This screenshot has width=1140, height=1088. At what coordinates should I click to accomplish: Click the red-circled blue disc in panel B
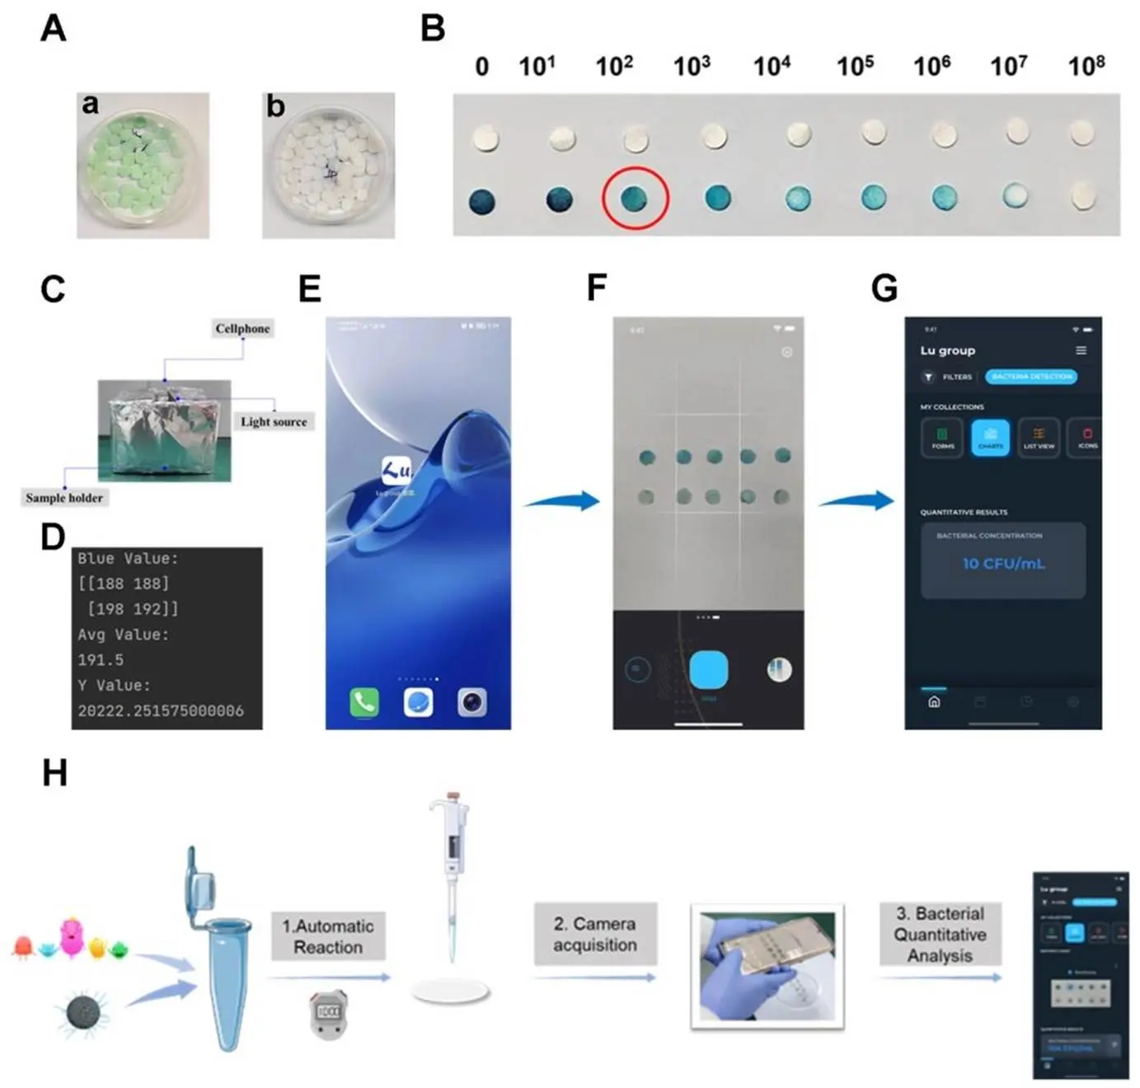(635, 199)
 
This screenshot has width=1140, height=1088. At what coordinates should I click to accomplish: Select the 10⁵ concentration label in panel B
(855, 65)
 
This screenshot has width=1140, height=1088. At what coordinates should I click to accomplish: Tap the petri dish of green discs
(143, 165)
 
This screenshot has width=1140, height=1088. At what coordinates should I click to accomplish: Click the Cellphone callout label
(242, 328)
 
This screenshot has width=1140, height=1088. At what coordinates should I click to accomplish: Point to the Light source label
(274, 421)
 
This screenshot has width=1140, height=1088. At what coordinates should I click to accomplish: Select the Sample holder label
(64, 497)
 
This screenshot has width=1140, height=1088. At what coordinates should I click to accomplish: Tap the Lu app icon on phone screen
(396, 471)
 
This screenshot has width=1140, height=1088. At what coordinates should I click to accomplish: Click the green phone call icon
(364, 701)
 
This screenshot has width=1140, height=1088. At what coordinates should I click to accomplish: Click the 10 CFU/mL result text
(1003, 564)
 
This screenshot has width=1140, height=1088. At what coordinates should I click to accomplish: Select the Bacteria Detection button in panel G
(1031, 377)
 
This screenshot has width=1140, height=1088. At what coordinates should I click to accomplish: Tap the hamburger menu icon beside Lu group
(1081, 350)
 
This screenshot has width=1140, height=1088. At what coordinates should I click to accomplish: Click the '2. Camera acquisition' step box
(595, 934)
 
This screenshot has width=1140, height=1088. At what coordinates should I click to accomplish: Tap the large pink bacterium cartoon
(73, 936)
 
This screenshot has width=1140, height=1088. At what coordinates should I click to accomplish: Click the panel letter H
(54, 773)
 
